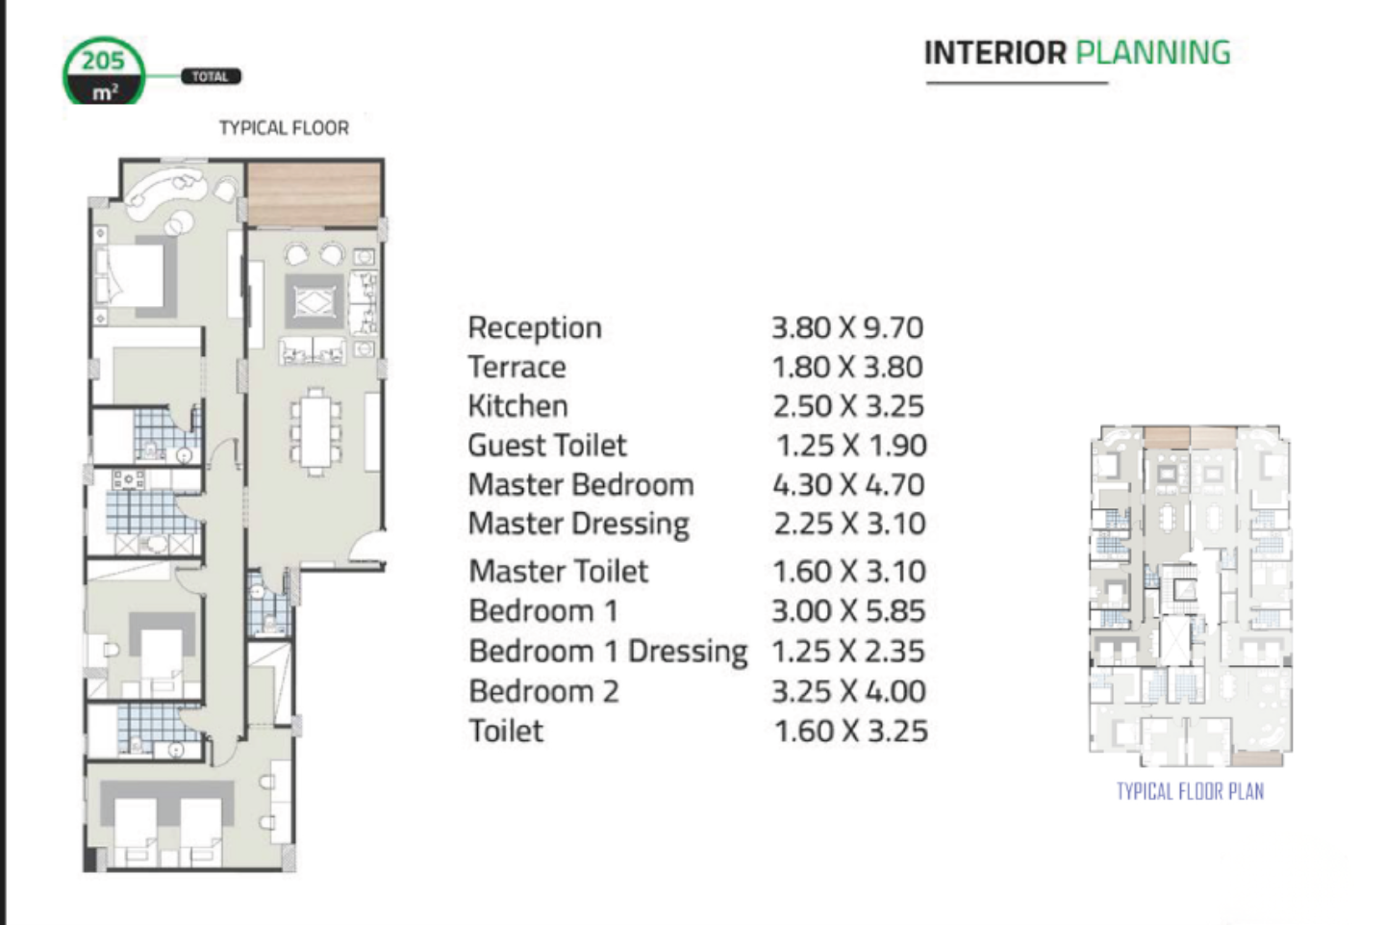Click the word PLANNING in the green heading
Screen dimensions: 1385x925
[x=1153, y=53]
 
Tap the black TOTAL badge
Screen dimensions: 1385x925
[x=211, y=76]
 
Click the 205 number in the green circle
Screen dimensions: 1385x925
[x=103, y=61]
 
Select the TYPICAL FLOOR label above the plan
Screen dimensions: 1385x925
[x=284, y=128]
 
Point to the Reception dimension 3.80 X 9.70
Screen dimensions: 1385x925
[x=847, y=328]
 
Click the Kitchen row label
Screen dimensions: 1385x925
[x=518, y=406]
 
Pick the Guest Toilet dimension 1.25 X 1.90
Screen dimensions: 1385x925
[x=851, y=446]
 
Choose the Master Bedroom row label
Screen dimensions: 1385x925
[x=581, y=485]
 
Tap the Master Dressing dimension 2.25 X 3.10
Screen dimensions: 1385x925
[x=849, y=524]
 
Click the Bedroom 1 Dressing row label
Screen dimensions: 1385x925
[x=609, y=652]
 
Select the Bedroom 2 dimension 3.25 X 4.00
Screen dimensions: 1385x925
[x=849, y=691]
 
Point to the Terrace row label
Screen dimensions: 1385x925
[x=516, y=368]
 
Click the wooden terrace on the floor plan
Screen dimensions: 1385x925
[x=315, y=193]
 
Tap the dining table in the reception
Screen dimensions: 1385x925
[x=315, y=431]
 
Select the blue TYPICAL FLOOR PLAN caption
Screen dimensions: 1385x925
[x=1191, y=791]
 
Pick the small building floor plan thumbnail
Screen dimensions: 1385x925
[x=1191, y=596]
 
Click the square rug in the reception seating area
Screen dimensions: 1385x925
[x=315, y=302]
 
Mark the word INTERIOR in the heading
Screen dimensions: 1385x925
[x=995, y=53]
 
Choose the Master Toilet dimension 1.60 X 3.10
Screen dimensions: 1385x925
[x=849, y=571]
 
